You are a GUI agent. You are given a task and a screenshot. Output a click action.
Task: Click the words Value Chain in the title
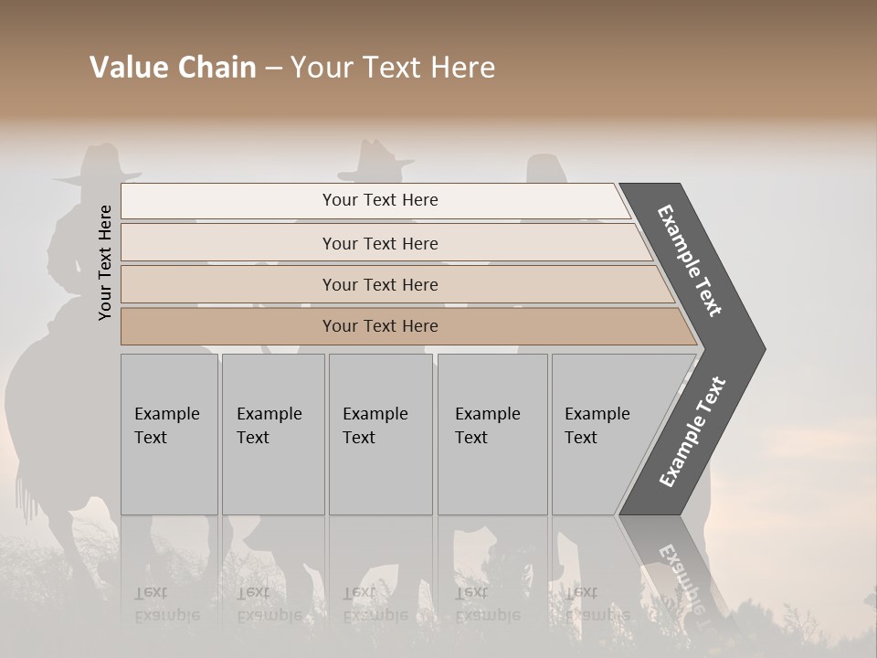point(173,68)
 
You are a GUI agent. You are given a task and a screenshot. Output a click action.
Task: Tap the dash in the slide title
point(273,68)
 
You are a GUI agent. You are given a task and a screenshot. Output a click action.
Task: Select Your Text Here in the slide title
point(393,68)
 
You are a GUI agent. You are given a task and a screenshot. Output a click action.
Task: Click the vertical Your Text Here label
point(105,262)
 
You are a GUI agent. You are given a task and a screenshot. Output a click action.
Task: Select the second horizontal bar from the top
point(380,243)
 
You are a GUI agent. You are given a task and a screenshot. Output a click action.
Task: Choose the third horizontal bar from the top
point(380,284)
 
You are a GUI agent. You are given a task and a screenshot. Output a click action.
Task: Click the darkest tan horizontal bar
point(380,326)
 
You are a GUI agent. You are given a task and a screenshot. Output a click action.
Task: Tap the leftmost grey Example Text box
point(169,434)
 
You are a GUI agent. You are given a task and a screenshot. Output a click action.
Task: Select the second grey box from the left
point(273,434)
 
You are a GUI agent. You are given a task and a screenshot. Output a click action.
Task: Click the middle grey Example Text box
point(380,434)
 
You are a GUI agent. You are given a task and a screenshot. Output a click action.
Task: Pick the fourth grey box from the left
point(492,434)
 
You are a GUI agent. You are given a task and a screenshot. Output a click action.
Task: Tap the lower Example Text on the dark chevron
point(692,432)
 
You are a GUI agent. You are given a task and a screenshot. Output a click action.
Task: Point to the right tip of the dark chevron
point(763,349)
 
